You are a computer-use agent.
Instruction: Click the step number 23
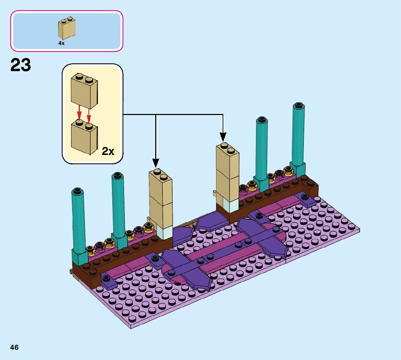coord(21,66)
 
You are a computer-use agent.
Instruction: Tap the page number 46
coord(15,347)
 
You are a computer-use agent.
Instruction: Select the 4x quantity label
coord(61,43)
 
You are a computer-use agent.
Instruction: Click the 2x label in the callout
coord(108,151)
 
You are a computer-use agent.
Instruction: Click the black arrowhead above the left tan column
coord(156,163)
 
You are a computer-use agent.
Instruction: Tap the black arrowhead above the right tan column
coord(223,137)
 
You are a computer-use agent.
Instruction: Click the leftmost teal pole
coord(79,221)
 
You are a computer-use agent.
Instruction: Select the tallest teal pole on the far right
coord(298,134)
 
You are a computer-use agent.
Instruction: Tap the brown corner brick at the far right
coord(311,187)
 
